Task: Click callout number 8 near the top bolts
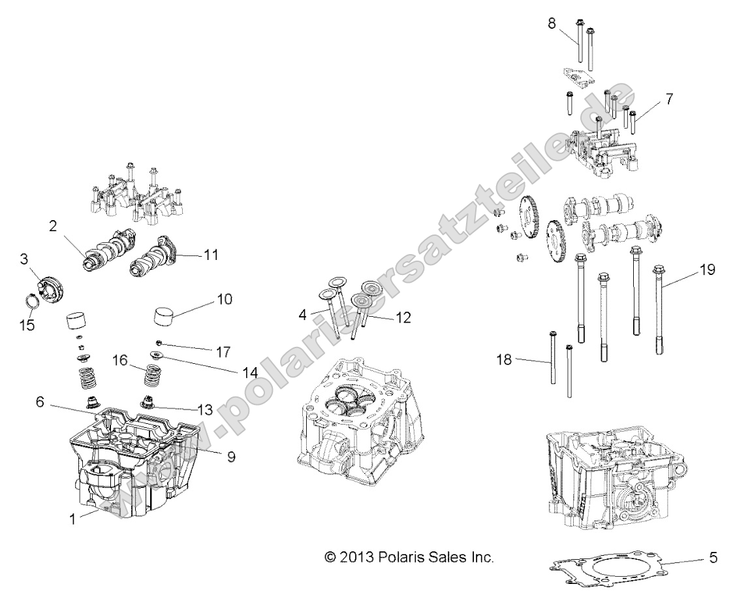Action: [552, 24]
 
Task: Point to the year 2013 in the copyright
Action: [356, 557]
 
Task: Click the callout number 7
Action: [669, 99]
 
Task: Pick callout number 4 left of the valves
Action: [302, 315]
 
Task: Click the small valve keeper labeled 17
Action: [159, 342]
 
